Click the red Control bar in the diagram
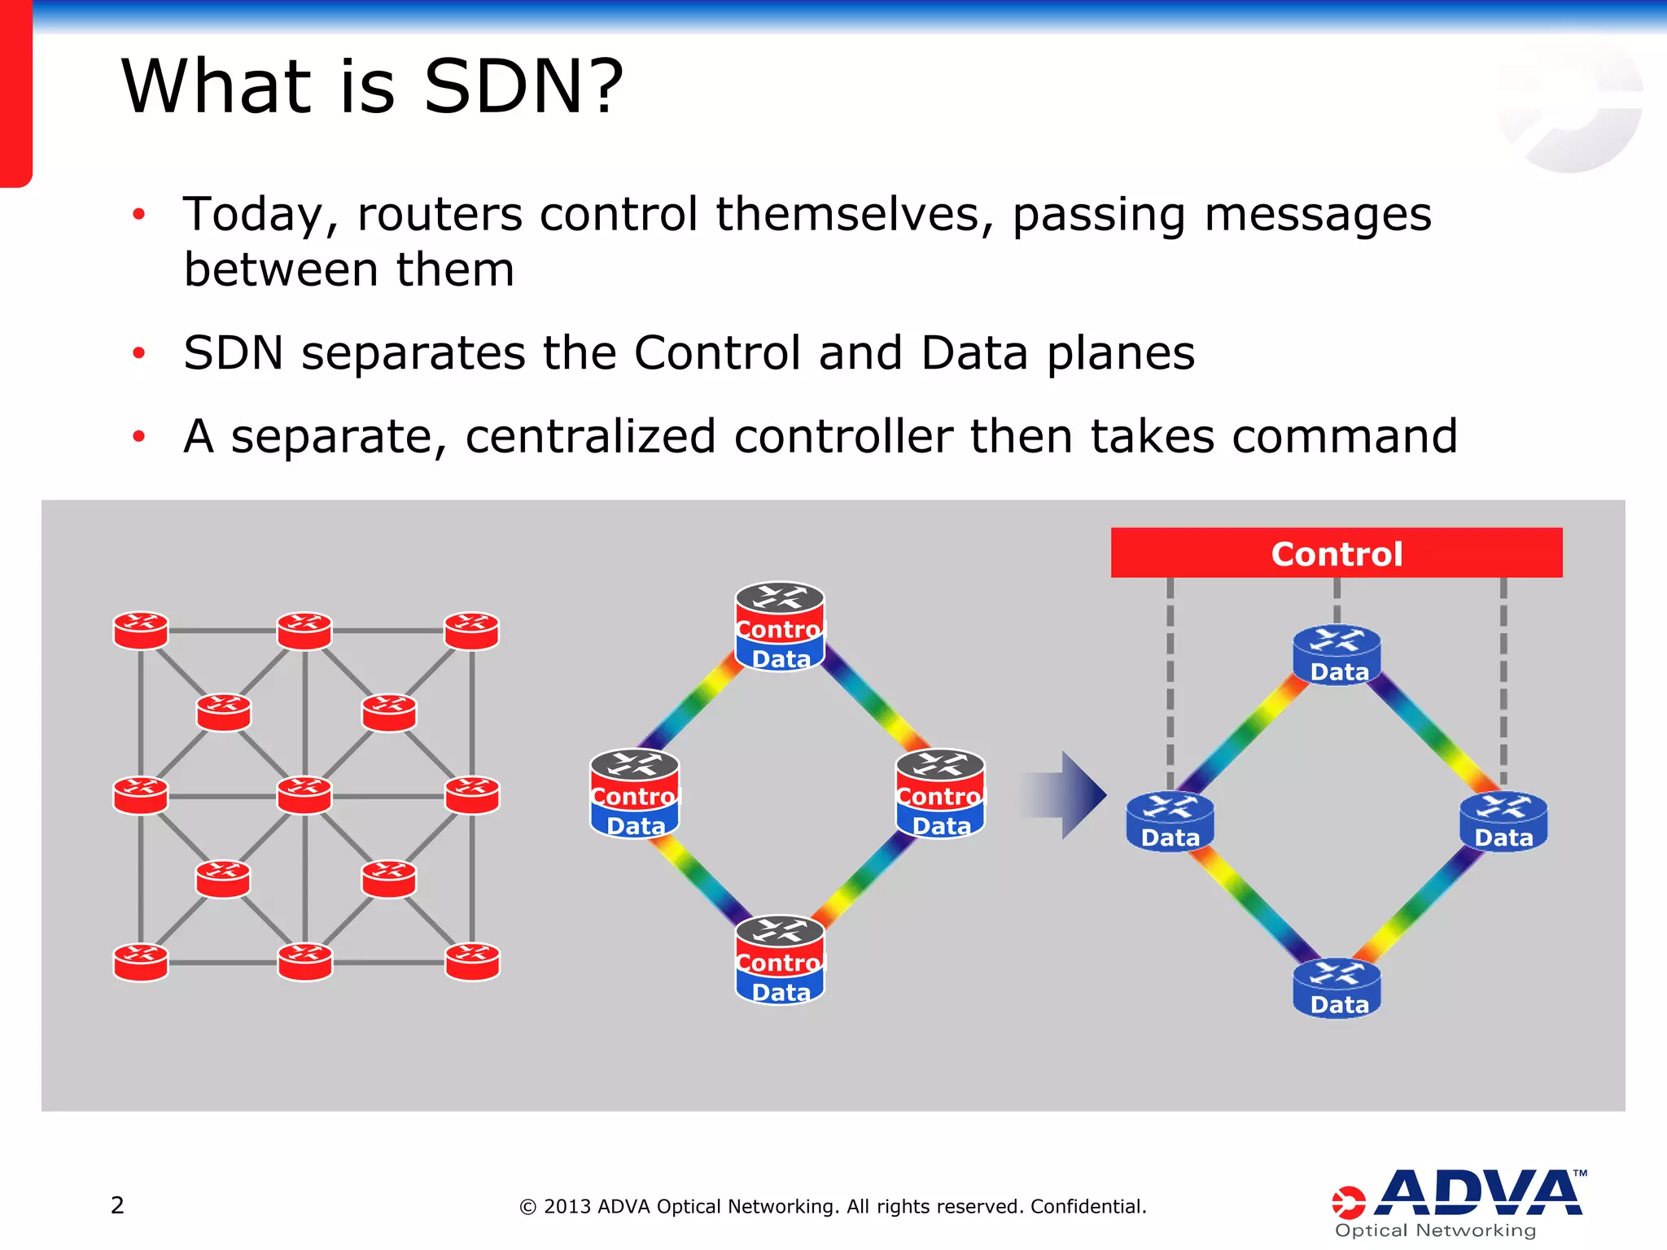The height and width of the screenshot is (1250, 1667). point(1336,553)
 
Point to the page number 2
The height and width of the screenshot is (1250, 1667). point(117,1204)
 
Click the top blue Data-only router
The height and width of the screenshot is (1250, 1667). point(1337,655)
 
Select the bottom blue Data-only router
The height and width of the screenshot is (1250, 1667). point(1337,988)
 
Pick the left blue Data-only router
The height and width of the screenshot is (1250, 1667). point(1170,822)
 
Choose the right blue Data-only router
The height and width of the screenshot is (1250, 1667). point(1503,822)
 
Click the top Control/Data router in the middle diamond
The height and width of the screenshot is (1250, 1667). point(780,627)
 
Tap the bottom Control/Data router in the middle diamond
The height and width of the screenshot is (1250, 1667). point(780,960)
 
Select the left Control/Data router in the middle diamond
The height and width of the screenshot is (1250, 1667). point(634,793)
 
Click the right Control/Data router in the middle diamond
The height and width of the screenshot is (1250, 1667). point(940,793)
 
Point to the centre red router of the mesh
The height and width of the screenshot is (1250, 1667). point(304,795)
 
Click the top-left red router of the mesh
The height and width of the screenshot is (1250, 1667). point(141,631)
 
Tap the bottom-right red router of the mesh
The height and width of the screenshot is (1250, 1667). point(472,961)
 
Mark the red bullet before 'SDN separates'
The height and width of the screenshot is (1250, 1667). point(139,353)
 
